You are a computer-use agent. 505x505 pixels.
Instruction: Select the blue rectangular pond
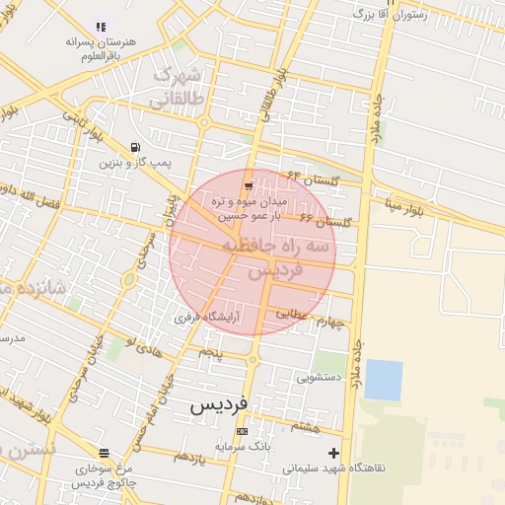click(384, 380)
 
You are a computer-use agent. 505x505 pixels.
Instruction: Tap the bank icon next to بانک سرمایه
click(242, 431)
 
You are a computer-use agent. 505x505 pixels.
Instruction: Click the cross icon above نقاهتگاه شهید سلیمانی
click(333, 453)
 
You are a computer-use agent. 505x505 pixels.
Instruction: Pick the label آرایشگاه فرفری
click(208, 318)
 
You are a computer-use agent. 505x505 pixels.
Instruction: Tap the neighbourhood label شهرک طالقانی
click(178, 88)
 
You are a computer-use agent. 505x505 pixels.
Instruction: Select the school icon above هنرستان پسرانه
click(100, 27)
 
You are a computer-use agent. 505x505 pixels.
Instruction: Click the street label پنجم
click(211, 351)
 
